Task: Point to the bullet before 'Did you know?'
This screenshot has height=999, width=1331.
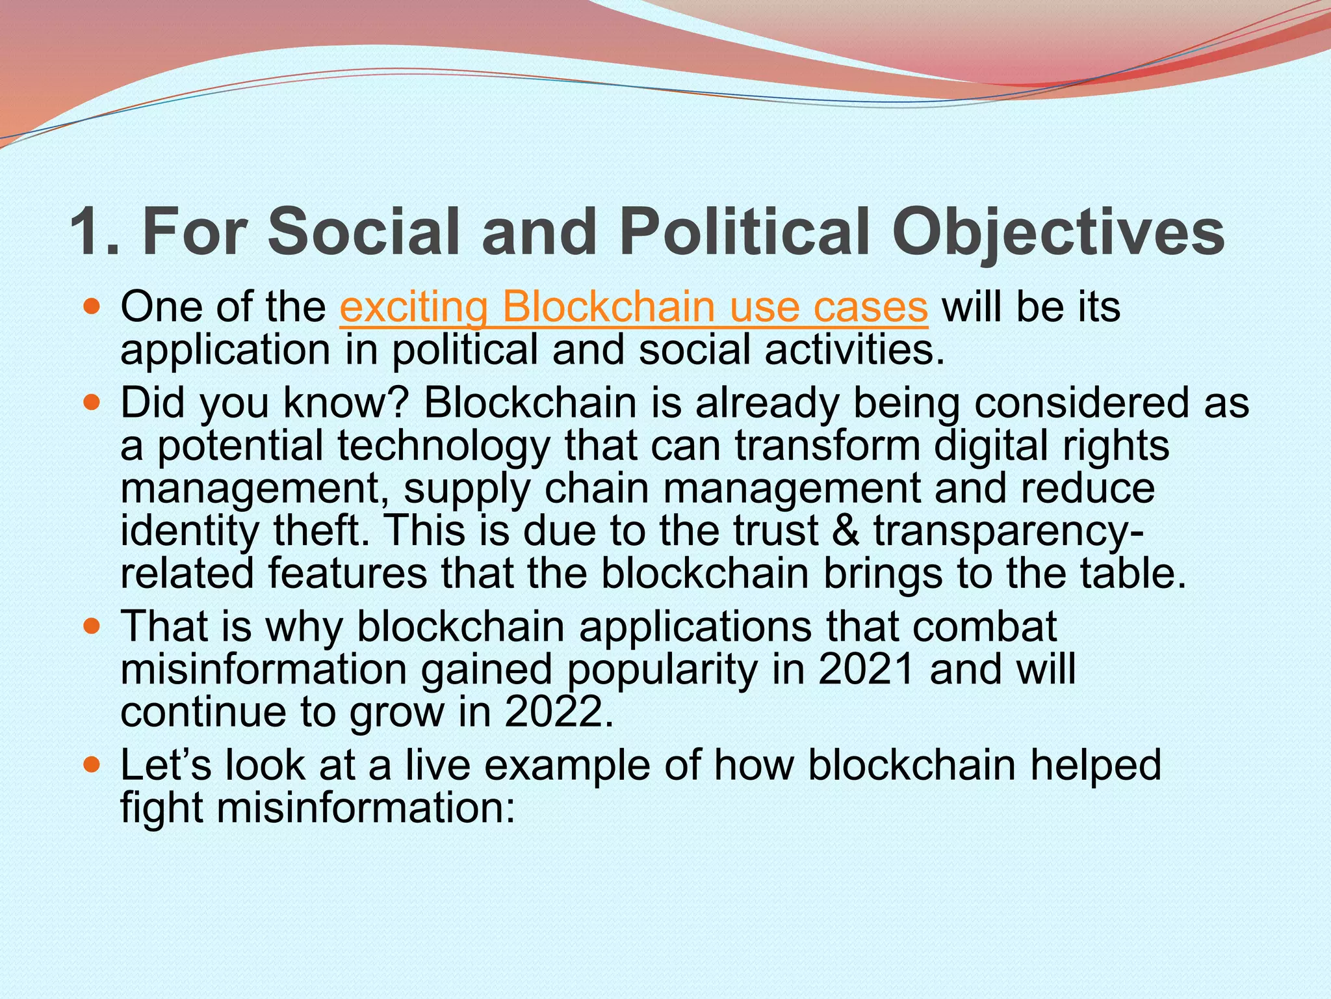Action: [93, 403]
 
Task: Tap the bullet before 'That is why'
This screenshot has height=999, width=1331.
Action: [93, 627]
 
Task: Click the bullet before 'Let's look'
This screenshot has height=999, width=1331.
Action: [93, 765]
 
